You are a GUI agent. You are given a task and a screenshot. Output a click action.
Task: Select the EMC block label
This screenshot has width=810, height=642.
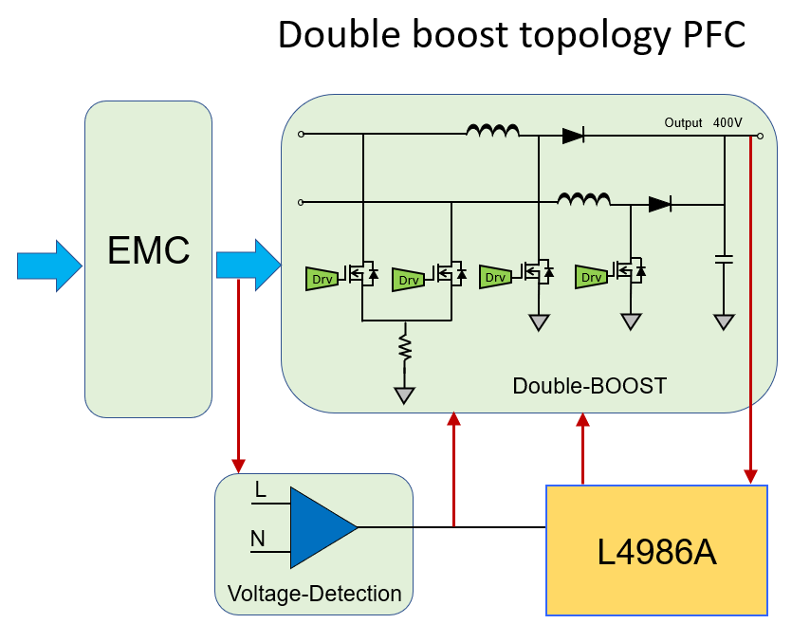(148, 251)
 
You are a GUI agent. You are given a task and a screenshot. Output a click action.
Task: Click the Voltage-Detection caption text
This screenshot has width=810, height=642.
(314, 595)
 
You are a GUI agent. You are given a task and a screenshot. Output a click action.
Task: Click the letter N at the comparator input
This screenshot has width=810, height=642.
(258, 540)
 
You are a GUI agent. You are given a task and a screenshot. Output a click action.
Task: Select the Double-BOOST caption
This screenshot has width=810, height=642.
(589, 386)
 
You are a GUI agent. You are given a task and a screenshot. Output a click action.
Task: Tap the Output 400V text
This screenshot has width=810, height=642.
(703, 123)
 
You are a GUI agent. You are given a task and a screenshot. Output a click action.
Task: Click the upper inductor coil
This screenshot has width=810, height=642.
(492, 131)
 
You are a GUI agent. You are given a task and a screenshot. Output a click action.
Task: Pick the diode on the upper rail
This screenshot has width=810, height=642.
(573, 136)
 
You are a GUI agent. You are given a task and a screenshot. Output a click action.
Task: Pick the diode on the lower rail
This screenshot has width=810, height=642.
(660, 203)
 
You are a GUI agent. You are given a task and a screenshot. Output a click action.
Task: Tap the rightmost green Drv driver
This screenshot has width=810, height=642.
(592, 277)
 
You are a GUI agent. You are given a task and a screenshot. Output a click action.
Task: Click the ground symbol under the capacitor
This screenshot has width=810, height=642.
(724, 322)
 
